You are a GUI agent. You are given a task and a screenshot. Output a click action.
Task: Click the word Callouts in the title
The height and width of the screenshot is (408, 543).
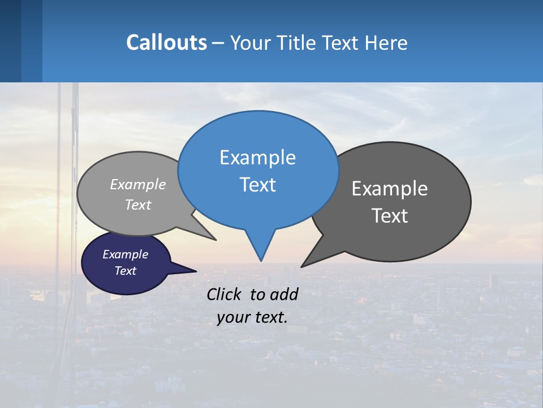pyautogui.click(x=166, y=42)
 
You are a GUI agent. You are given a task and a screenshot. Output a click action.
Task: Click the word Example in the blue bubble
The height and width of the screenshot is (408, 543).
pyautogui.click(x=257, y=158)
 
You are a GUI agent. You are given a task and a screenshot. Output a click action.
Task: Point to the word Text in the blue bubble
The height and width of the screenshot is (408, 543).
pyautogui.click(x=257, y=185)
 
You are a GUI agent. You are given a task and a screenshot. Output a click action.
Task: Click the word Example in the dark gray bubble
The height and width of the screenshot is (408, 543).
pyautogui.click(x=390, y=189)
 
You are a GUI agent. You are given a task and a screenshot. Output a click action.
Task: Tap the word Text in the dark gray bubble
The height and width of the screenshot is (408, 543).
pyautogui.click(x=390, y=216)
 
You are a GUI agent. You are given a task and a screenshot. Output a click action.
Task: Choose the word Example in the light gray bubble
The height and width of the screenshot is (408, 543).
pyautogui.click(x=138, y=184)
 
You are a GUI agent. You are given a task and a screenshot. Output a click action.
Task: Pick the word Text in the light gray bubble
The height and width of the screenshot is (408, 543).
pyautogui.click(x=138, y=205)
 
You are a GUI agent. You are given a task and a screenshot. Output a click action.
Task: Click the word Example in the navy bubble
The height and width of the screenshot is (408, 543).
pyautogui.click(x=125, y=254)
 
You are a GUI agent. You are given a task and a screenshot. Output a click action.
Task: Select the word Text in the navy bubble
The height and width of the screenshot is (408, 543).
pyautogui.click(x=125, y=271)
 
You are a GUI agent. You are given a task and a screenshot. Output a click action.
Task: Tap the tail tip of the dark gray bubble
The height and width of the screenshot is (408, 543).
pyautogui.click(x=303, y=266)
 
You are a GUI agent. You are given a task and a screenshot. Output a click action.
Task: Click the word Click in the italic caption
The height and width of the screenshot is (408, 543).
pyautogui.click(x=226, y=294)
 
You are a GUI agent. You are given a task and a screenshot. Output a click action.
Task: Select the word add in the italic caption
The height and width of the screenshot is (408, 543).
pyautogui.click(x=285, y=294)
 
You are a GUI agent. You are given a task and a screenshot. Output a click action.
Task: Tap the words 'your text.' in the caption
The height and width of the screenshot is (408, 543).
pyautogui.click(x=252, y=317)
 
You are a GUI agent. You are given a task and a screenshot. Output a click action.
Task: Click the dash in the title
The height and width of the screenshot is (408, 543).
pyautogui.click(x=219, y=42)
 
